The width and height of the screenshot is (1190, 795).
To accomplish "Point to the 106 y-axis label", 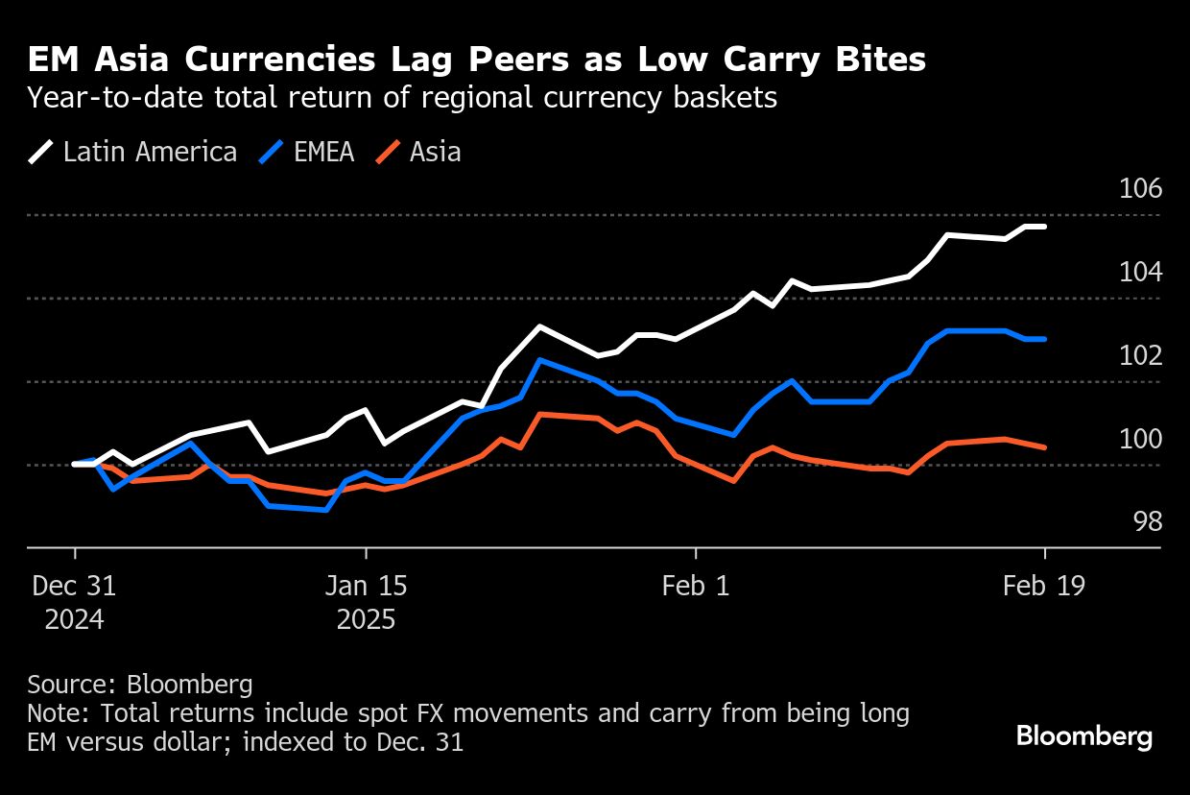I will (1141, 188).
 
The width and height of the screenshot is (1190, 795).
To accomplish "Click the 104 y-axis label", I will (1141, 272).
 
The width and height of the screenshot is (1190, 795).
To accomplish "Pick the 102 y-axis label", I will (1141, 355).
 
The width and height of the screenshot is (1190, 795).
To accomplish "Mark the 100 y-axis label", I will (1141, 439).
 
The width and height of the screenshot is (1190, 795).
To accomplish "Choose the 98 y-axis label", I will (1148, 521).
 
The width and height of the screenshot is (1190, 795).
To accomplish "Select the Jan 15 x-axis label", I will (366, 586).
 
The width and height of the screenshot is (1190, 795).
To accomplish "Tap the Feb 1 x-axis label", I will (696, 586).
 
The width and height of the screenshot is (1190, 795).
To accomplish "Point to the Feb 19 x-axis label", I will (1044, 586).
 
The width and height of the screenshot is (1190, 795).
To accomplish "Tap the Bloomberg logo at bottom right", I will (1084, 736).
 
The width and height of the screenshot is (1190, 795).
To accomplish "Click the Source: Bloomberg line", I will (140, 685).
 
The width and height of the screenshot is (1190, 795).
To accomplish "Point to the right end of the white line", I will (1044, 227).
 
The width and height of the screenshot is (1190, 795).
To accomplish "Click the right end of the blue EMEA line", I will (1044, 339).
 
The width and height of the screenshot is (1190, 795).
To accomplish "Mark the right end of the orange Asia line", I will (1044, 446).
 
